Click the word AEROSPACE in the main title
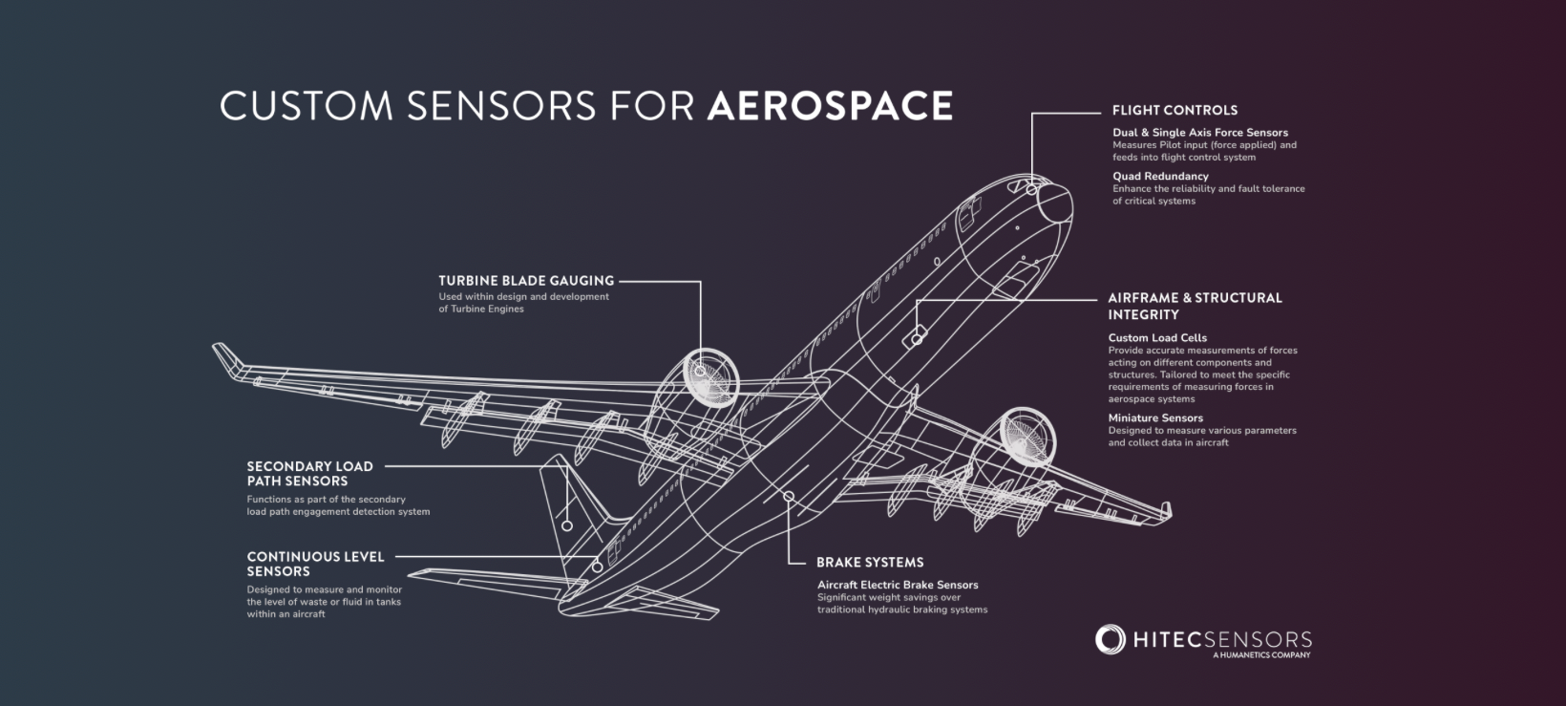[x=829, y=106]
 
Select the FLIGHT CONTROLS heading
[x=1174, y=110]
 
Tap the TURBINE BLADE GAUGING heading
[x=526, y=281]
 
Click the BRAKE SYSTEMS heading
[x=870, y=563]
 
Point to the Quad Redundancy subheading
[x=1160, y=176]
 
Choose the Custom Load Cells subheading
[x=1157, y=337]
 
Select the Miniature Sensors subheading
[x=1155, y=417]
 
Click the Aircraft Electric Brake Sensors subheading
[x=898, y=585]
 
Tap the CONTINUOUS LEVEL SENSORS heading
[x=315, y=564]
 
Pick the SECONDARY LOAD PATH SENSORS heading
[x=309, y=474]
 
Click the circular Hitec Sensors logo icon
[x=1111, y=640]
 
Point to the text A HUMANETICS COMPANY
[x=1260, y=655]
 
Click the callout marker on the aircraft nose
[x=1032, y=191]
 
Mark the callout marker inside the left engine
[x=700, y=371]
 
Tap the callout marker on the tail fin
[x=566, y=525]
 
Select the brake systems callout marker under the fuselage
[x=788, y=496]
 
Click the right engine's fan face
[x=1026, y=435]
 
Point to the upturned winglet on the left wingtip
[x=225, y=357]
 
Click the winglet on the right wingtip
[x=1165, y=511]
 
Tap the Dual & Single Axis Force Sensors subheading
[x=1199, y=133]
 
